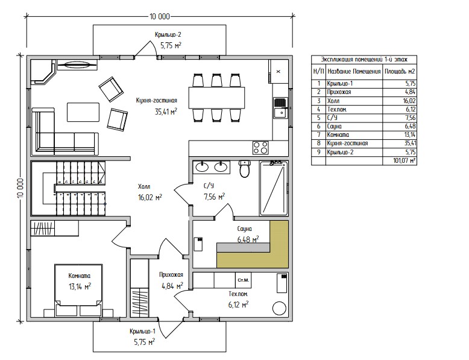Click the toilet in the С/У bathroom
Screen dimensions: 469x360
(x=245, y=169)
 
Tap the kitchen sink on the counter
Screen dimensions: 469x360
(x=280, y=108)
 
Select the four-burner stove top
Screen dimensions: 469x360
(x=260, y=148)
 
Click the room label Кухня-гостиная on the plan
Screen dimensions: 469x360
(x=156, y=101)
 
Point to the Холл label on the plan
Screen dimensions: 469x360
(x=144, y=187)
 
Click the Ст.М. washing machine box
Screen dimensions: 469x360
(x=243, y=280)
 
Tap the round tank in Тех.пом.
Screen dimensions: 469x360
(x=279, y=308)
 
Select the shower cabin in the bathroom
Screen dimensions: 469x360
(x=274, y=188)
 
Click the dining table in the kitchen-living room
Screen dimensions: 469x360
(x=216, y=98)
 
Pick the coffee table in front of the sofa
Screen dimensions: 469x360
(x=83, y=112)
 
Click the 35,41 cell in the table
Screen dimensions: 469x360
(x=410, y=143)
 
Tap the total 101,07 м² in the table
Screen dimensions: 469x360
(x=404, y=160)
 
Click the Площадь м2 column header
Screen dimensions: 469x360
(x=400, y=72)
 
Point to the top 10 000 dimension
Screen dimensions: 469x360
(x=160, y=16)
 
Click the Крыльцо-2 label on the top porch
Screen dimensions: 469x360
(x=168, y=34)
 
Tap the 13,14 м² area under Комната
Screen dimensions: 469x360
(x=80, y=286)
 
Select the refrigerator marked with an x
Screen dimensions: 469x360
(x=279, y=72)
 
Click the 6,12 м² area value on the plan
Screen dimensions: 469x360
(x=238, y=305)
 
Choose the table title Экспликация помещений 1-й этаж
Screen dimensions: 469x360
(x=364, y=60)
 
